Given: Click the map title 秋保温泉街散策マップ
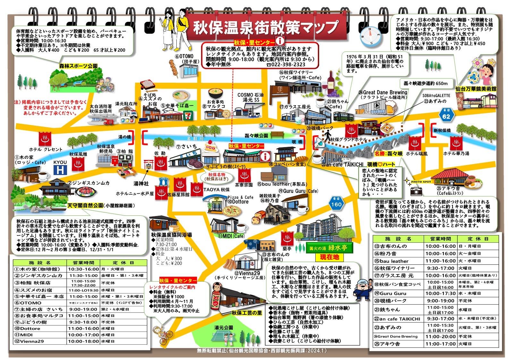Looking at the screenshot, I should (266, 28).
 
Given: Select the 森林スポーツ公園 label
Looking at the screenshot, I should (78, 66).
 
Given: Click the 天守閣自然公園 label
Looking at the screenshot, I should (85, 205).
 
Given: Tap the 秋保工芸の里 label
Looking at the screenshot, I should (247, 313).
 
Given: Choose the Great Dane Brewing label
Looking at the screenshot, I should (385, 92).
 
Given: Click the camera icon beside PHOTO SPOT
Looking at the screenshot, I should (416, 191).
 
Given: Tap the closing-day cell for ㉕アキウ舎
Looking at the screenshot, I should (478, 344).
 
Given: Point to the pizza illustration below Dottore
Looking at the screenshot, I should (232, 212).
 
